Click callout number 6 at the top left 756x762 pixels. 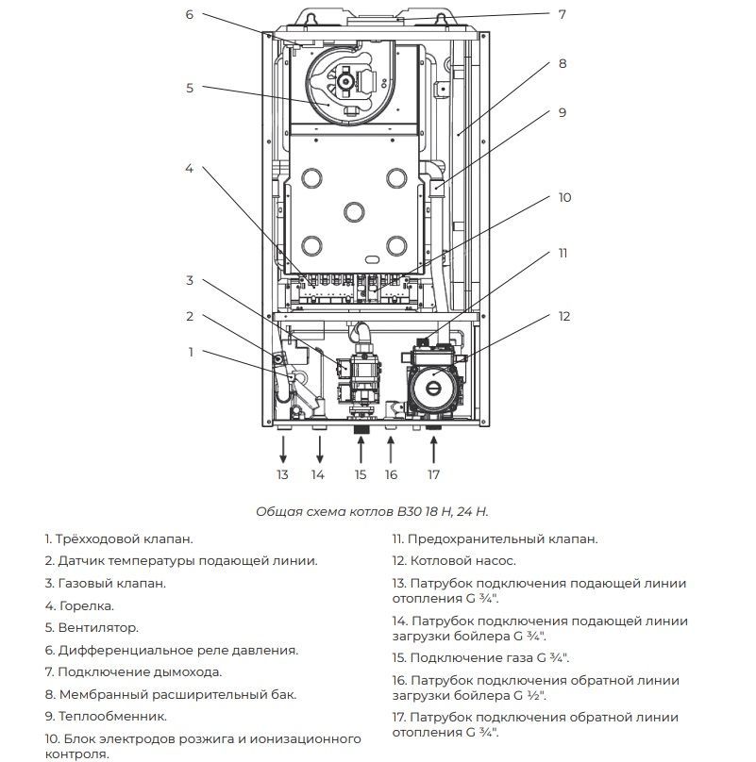coord(189,14)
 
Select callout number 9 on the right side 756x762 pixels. coord(563,112)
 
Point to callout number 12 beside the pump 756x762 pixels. coord(564,316)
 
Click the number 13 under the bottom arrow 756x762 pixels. coord(282,474)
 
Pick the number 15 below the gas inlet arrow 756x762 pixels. coord(360,474)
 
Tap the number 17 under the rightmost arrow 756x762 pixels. coord(433,474)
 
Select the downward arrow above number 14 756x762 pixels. coord(318,448)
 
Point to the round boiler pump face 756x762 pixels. coord(431,382)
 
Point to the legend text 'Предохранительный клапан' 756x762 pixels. coord(503,538)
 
